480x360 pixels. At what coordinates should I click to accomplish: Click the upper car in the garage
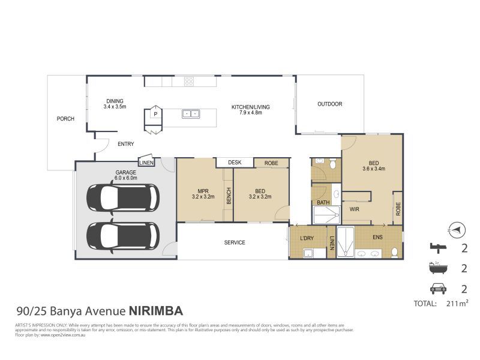tap(123, 196)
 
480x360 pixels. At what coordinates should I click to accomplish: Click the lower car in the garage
tap(123, 235)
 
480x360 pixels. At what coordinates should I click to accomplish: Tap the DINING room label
tap(114, 104)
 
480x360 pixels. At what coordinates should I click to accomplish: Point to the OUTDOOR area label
tap(329, 104)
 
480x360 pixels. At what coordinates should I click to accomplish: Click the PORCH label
tap(65, 119)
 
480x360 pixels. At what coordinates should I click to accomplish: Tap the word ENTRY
tap(125, 144)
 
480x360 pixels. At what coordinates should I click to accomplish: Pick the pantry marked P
tap(155, 113)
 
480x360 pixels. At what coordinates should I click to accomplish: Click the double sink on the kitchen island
tap(191, 113)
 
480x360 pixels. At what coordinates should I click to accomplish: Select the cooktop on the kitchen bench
tap(189, 81)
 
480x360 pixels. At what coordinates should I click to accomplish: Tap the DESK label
tap(234, 163)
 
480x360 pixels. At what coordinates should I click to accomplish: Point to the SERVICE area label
tap(235, 242)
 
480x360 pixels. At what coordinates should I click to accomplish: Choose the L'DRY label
tap(307, 239)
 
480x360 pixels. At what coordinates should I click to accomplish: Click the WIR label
tap(354, 209)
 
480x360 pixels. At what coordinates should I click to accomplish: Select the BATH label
tap(323, 203)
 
